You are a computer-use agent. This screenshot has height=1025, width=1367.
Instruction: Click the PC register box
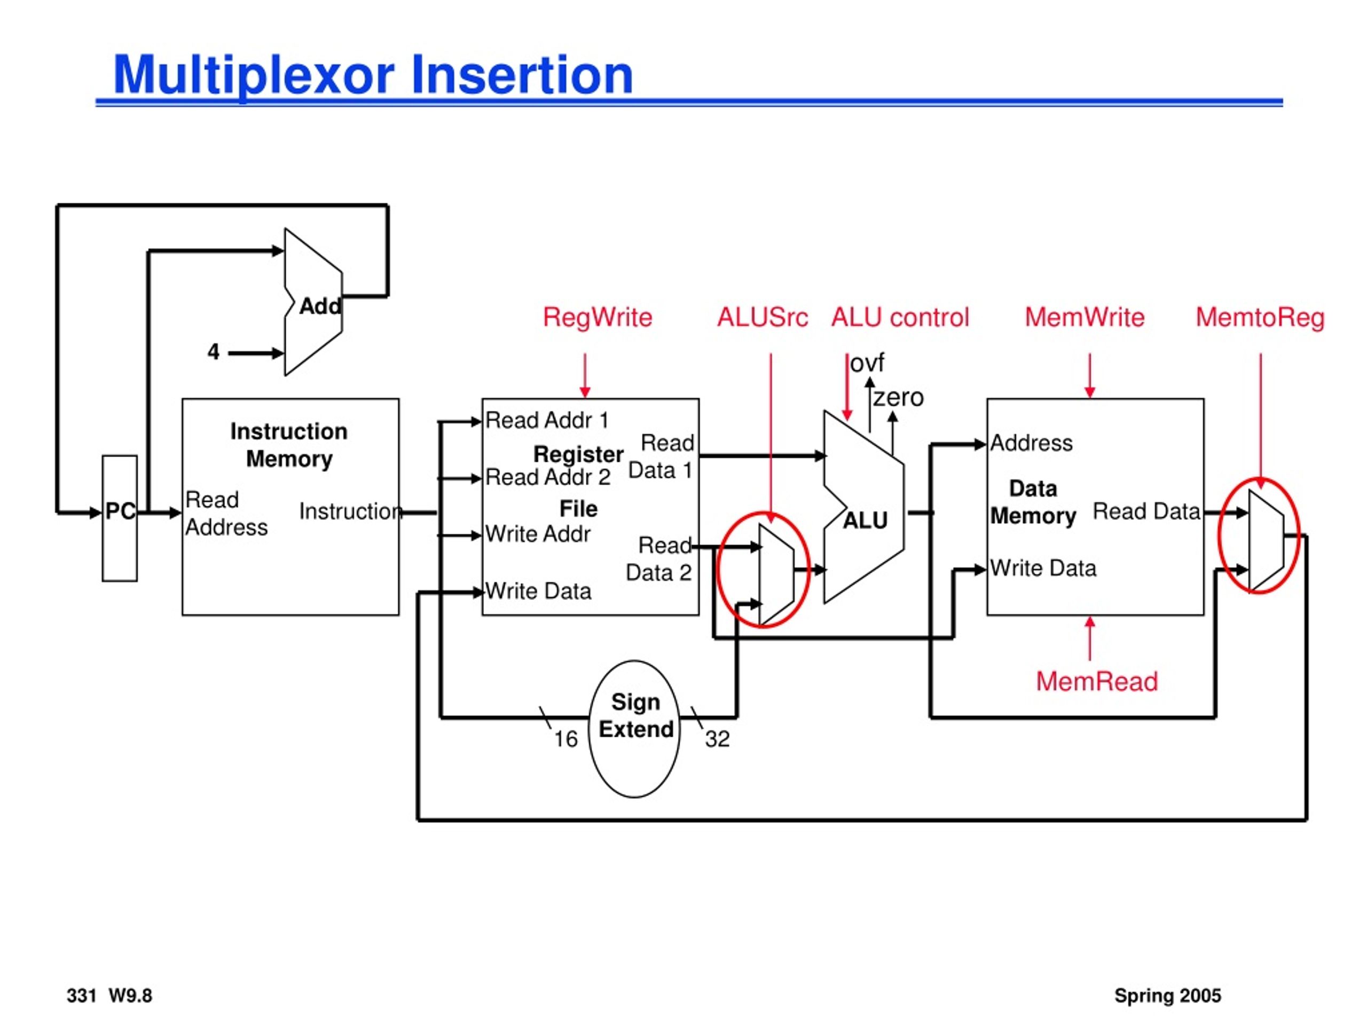point(120,518)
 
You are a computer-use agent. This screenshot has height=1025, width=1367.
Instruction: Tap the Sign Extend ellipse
point(634,729)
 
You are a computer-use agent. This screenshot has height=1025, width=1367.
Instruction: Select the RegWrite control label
point(598,318)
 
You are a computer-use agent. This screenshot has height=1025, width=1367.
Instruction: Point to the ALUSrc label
point(763,318)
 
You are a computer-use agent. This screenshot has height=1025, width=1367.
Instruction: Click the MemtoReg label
point(1260,318)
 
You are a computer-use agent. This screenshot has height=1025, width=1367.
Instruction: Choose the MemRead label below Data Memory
point(1097,682)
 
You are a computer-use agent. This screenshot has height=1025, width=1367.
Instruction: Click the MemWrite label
point(1085,318)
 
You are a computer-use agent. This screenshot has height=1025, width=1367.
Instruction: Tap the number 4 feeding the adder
point(213,352)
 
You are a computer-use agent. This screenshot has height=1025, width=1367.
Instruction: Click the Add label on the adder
point(320,306)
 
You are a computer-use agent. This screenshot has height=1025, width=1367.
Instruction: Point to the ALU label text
point(865,521)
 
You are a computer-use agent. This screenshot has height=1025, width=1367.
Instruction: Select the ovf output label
point(867,364)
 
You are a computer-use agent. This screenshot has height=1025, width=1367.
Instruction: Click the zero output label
point(899,397)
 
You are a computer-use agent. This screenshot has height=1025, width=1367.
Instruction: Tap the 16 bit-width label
point(565,739)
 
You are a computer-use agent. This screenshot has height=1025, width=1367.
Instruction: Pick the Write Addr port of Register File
point(538,534)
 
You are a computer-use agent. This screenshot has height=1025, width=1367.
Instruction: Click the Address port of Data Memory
point(1032,443)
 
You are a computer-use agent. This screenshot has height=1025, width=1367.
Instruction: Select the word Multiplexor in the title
point(254,75)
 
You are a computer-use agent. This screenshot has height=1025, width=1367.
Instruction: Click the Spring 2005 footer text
point(1167,995)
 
